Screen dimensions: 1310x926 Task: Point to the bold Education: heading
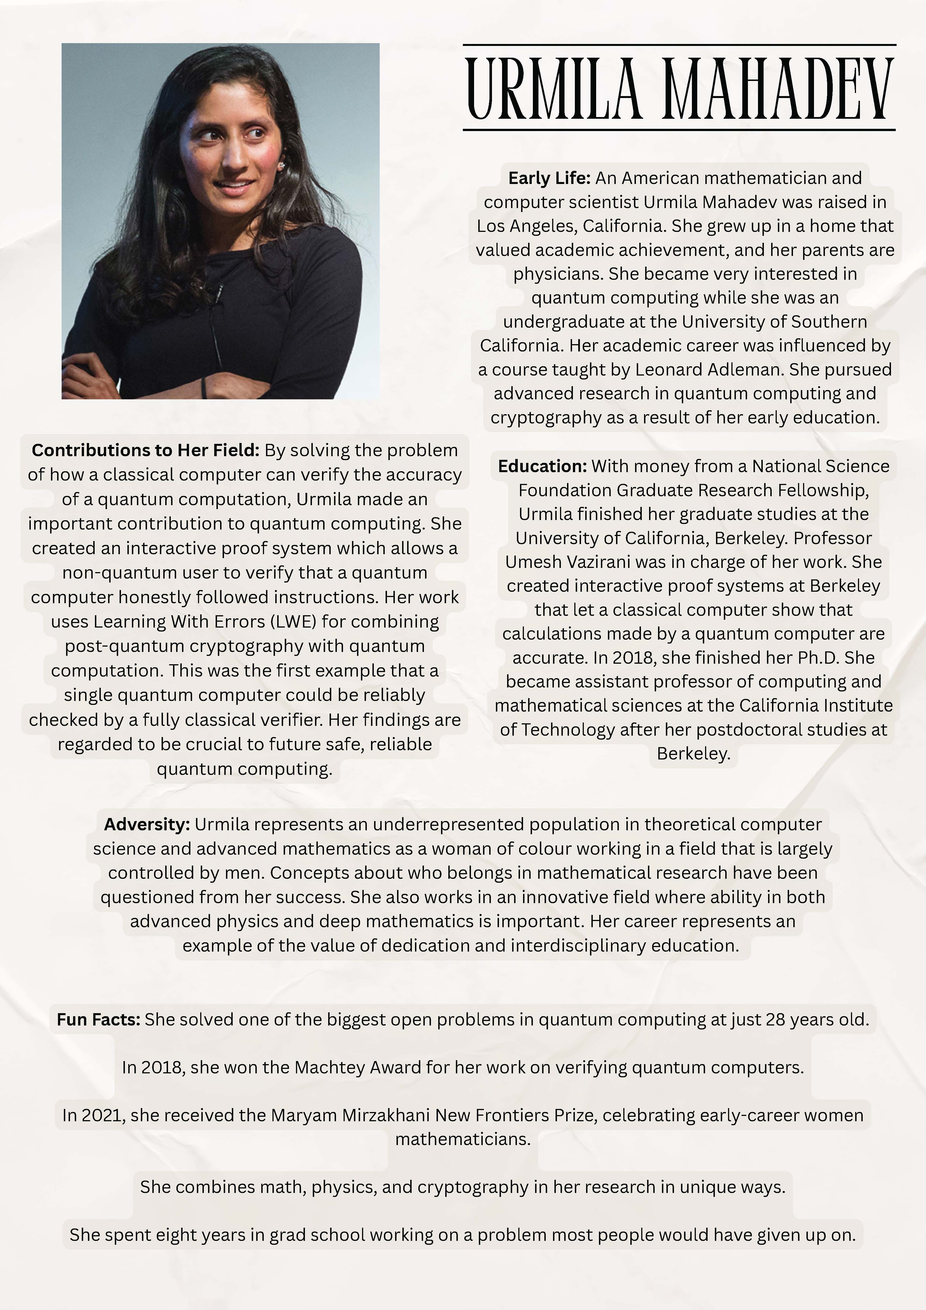(542, 466)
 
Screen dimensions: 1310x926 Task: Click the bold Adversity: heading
(147, 824)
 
